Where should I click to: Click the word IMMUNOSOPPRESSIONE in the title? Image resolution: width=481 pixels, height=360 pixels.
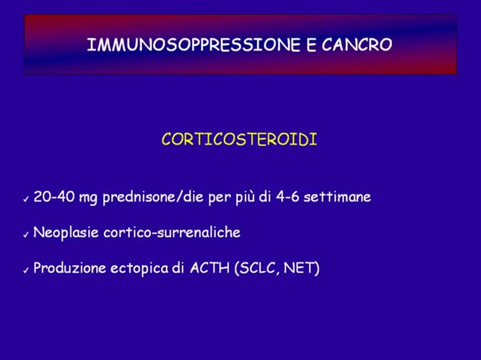(x=191, y=45)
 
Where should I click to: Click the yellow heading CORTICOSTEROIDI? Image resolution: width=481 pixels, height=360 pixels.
(x=239, y=140)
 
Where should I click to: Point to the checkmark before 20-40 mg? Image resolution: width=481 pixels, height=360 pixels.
(x=26, y=198)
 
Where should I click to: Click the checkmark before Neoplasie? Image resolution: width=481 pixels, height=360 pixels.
(x=26, y=234)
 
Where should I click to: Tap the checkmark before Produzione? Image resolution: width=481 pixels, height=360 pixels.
(x=26, y=270)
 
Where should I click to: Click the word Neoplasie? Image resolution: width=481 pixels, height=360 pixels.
(x=65, y=233)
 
